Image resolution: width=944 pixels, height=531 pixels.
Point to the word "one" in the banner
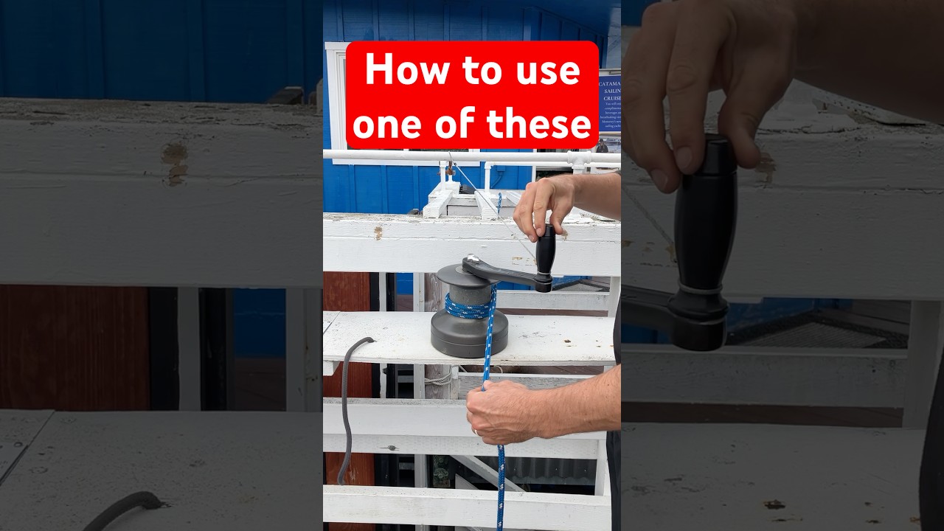(x=389, y=124)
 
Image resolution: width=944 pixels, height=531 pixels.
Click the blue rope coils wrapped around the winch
(x=469, y=306)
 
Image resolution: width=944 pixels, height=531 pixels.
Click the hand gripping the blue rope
(x=502, y=410)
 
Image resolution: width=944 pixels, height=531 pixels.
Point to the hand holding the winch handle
(x=542, y=205)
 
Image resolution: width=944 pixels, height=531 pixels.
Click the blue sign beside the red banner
(x=609, y=103)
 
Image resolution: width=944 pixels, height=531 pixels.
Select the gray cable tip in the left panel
(x=147, y=502)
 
